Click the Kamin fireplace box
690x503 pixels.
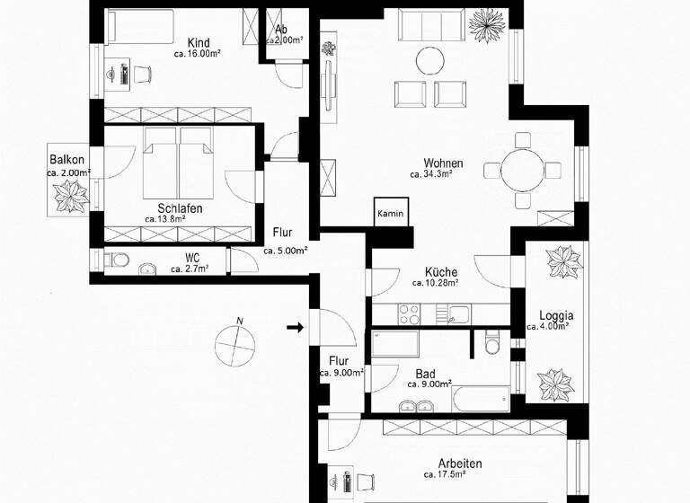(391, 214)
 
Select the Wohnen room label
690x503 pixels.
(444, 163)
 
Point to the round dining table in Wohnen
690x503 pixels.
(522, 170)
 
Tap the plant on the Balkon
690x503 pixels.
(69, 194)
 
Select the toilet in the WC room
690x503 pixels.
(113, 260)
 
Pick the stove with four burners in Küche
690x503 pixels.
(410, 314)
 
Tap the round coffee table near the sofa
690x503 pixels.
(429, 60)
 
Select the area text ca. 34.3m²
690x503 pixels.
(430, 175)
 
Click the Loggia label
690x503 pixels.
(556, 315)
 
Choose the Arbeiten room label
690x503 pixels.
(460, 463)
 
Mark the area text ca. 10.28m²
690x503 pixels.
(435, 283)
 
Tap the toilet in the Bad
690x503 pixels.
(491, 343)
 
